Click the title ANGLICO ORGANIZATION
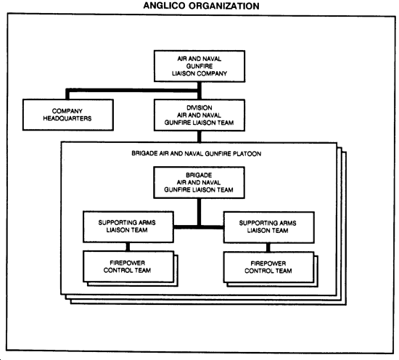[201, 6]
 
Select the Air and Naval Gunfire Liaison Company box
[199, 66]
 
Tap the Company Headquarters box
[68, 115]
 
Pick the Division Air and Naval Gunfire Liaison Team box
[199, 115]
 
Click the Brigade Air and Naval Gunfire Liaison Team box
[199, 183]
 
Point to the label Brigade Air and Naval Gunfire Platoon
[196, 154]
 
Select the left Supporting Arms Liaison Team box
[128, 226]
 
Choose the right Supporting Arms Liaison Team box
[269, 227]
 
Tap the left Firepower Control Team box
[128, 266]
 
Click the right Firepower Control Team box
[268, 267]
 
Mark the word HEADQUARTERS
[67, 118]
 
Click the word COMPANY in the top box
[212, 73]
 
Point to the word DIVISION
[199, 107]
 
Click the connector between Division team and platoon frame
[199, 136]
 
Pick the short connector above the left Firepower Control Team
[128, 247]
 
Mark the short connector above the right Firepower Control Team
[268, 247]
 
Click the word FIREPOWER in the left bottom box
[128, 263]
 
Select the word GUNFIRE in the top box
[199, 66]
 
